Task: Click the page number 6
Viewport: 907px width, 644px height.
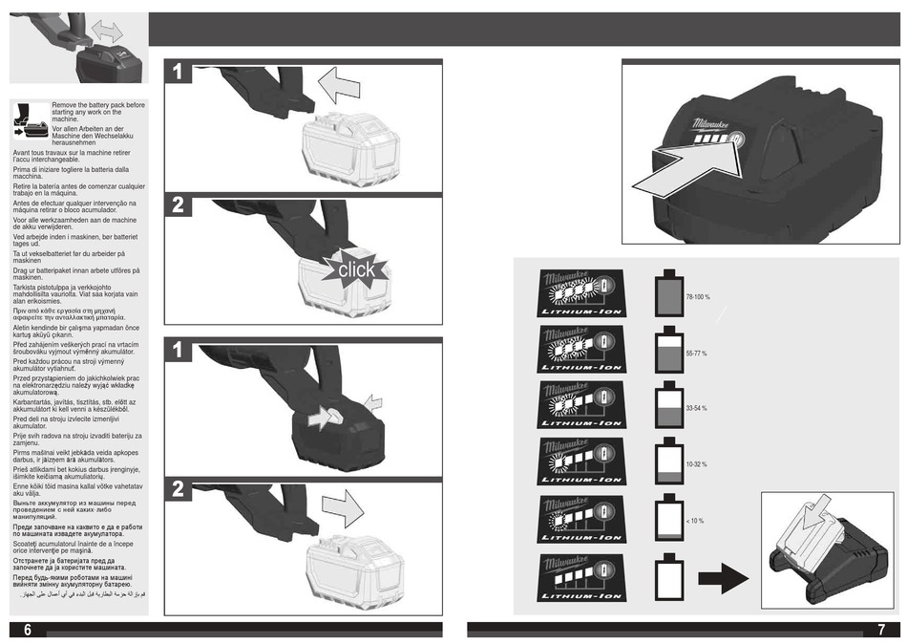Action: pos(28,629)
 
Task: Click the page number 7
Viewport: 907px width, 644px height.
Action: pos(880,630)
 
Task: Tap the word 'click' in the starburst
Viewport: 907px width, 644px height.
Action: pos(355,270)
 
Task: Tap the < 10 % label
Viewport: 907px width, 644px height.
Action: pos(694,521)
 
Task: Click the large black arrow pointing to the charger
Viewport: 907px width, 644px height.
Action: pos(723,577)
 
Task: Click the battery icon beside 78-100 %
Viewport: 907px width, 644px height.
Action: pos(668,294)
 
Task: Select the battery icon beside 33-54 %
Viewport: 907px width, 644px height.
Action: pos(668,406)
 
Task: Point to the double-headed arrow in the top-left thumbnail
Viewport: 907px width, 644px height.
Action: pos(112,32)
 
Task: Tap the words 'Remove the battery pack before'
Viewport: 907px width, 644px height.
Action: pos(98,104)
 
